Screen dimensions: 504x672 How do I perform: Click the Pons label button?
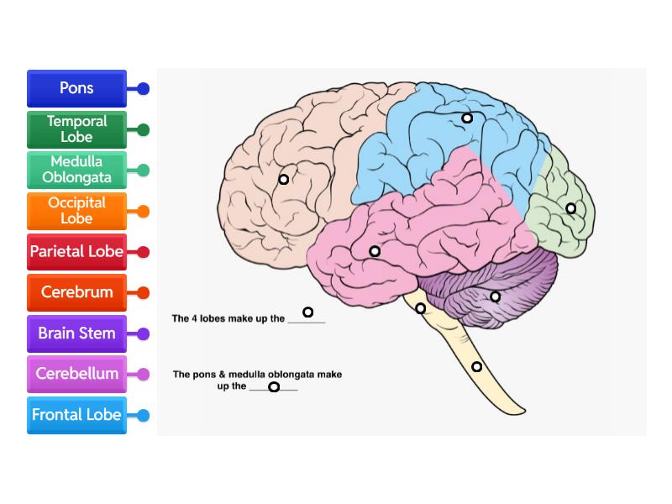point(76,88)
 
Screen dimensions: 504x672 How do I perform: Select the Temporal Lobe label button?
point(76,129)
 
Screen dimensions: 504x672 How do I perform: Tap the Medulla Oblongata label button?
point(76,170)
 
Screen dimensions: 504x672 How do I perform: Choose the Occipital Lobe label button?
point(76,211)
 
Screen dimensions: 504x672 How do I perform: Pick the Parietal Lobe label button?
point(76,251)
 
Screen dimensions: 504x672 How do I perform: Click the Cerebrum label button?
point(76,292)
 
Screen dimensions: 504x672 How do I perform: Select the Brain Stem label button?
point(76,333)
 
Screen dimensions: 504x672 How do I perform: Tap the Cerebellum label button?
point(76,374)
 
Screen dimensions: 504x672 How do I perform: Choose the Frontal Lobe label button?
point(76,415)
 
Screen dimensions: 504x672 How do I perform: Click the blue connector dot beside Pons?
point(144,88)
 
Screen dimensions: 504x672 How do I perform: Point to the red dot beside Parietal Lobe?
point(144,252)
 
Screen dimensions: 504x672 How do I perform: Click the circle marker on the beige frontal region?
point(284,179)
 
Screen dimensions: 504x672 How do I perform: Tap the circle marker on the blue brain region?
point(467,118)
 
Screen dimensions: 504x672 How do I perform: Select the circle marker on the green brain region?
point(570,208)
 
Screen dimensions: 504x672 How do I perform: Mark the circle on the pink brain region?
point(375,251)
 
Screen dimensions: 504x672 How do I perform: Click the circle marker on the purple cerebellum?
point(495,297)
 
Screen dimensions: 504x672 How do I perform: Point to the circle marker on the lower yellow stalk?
point(476,366)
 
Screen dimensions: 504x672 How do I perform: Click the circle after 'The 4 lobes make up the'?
point(307,312)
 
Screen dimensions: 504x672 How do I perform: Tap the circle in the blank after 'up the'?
point(273,387)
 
